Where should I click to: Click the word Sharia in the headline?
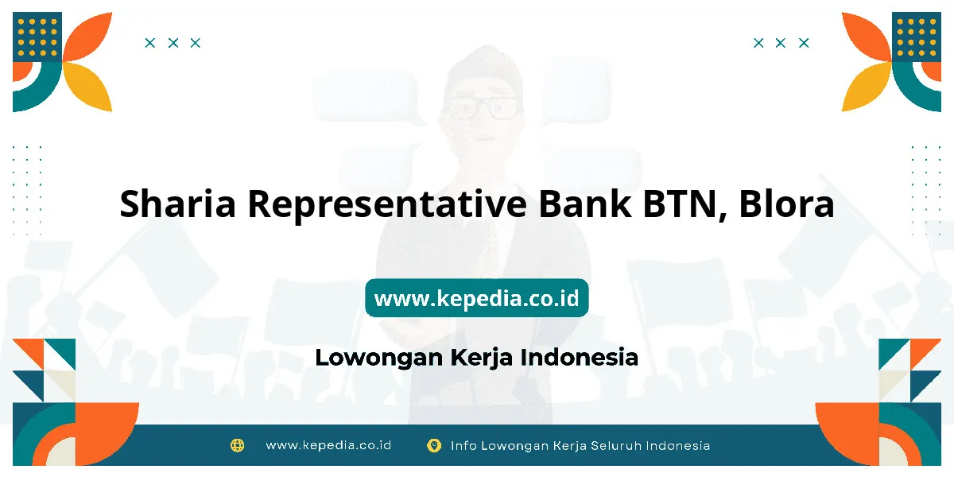click(177, 204)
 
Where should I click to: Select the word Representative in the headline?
click(387, 205)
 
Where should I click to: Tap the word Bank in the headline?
click(585, 203)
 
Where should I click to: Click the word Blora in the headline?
click(786, 204)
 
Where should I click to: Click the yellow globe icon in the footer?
click(237, 445)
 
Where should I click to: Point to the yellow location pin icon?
click(434, 445)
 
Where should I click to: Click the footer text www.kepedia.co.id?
click(328, 445)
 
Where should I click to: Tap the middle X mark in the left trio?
click(173, 43)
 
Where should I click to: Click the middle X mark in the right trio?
click(780, 43)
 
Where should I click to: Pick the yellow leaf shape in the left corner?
click(87, 87)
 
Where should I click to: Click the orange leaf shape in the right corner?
click(867, 37)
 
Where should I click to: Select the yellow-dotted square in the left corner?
click(37, 37)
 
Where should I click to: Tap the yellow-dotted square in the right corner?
click(917, 37)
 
